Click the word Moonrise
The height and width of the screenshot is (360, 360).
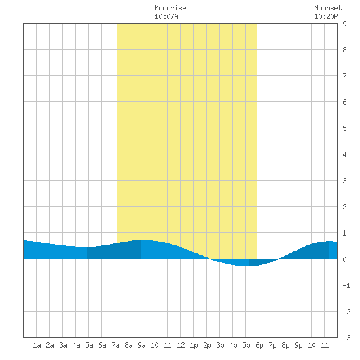[x=170, y=8]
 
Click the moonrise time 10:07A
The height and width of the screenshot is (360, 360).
[x=166, y=16]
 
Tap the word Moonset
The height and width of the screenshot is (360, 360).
[x=328, y=8]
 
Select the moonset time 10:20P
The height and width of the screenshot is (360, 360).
[x=326, y=16]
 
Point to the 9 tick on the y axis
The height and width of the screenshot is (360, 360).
[x=344, y=24]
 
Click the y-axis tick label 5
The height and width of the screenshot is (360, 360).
[x=344, y=128]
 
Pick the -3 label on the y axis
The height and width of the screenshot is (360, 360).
[x=346, y=338]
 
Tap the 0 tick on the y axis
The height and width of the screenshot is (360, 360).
[x=344, y=259]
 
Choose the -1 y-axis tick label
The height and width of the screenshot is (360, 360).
[x=346, y=285]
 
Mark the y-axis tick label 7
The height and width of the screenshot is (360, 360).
[x=344, y=76]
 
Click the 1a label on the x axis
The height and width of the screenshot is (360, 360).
[x=37, y=345]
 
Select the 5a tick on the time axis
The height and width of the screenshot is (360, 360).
[x=89, y=345]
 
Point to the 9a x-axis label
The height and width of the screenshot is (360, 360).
[x=141, y=345]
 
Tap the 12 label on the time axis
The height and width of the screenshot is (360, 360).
[x=181, y=345]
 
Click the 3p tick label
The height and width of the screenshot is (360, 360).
[x=220, y=345]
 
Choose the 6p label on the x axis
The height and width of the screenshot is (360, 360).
[x=259, y=345]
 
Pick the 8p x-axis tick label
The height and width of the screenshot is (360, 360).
[x=285, y=345]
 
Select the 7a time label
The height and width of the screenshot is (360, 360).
[x=115, y=345]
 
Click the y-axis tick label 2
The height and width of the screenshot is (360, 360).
[x=344, y=207]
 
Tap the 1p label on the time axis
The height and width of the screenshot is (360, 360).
[x=194, y=345]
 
